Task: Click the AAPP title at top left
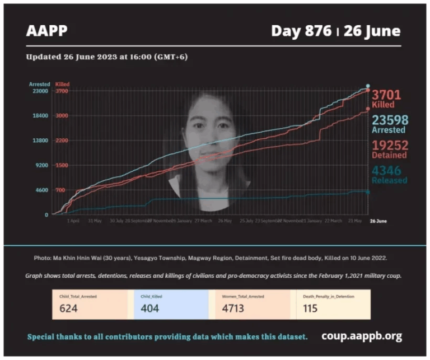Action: pyautogui.click(x=46, y=30)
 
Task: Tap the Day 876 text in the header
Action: pyautogui.click(x=302, y=30)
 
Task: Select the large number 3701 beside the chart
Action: pyautogui.click(x=387, y=95)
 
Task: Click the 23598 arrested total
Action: pyautogui.click(x=390, y=120)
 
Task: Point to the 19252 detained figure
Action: pyautogui.click(x=390, y=145)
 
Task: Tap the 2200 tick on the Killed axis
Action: pyautogui.click(x=62, y=141)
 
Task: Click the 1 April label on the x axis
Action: pyautogui.click(x=73, y=221)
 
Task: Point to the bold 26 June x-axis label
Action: pyautogui.click(x=378, y=221)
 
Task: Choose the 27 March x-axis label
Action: pyautogui.click(x=203, y=221)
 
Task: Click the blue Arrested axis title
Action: pyautogui.click(x=40, y=84)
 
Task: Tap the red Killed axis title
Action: pyautogui.click(x=63, y=84)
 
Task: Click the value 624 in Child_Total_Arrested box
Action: pyautogui.click(x=69, y=308)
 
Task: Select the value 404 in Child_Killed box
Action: pyautogui.click(x=150, y=308)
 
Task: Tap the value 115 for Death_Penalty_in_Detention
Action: pyautogui.click(x=310, y=308)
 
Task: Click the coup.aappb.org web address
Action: pyautogui.click(x=362, y=336)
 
